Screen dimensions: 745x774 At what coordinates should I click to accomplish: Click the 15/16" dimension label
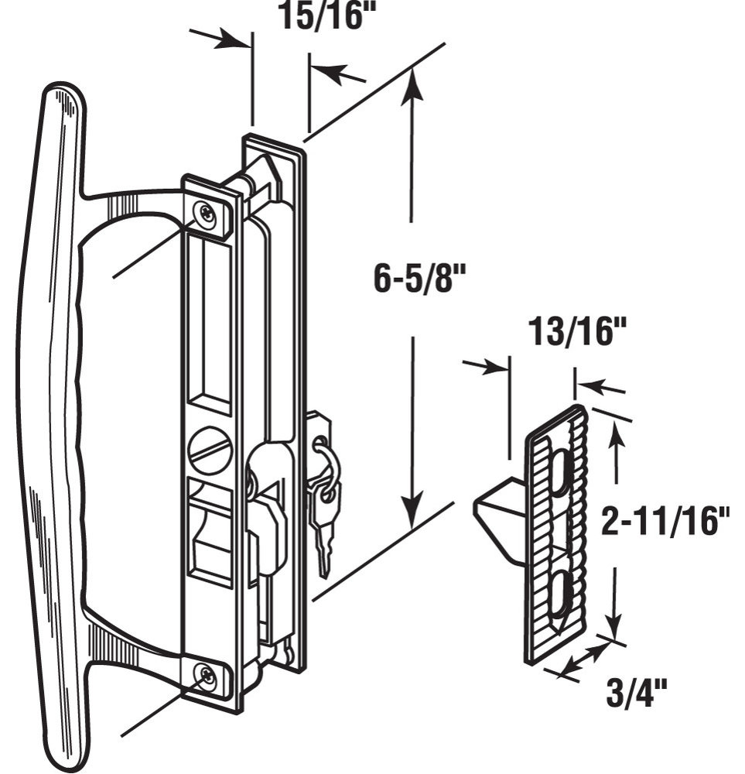click(x=326, y=15)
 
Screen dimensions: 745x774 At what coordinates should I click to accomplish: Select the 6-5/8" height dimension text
click(x=419, y=279)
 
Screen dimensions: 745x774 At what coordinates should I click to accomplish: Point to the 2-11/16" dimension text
click(x=665, y=522)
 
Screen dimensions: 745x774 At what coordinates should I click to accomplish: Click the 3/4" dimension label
click(x=636, y=694)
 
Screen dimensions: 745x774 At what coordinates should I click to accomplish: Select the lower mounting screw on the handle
click(x=205, y=674)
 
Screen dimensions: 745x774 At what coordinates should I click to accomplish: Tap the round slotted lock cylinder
click(x=210, y=450)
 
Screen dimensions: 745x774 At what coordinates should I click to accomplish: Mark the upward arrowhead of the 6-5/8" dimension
click(x=412, y=91)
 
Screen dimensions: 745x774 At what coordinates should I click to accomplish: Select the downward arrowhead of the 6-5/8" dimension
click(x=413, y=509)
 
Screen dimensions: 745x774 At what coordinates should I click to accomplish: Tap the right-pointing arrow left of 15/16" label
click(x=220, y=39)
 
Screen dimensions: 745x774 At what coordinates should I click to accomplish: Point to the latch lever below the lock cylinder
click(x=210, y=534)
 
